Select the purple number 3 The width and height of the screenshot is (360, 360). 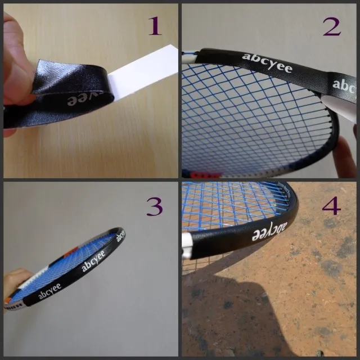pyautogui.click(x=154, y=206)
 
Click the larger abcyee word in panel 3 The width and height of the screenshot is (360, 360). pyautogui.click(x=93, y=260)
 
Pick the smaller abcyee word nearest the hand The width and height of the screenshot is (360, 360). pyautogui.click(x=49, y=294)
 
